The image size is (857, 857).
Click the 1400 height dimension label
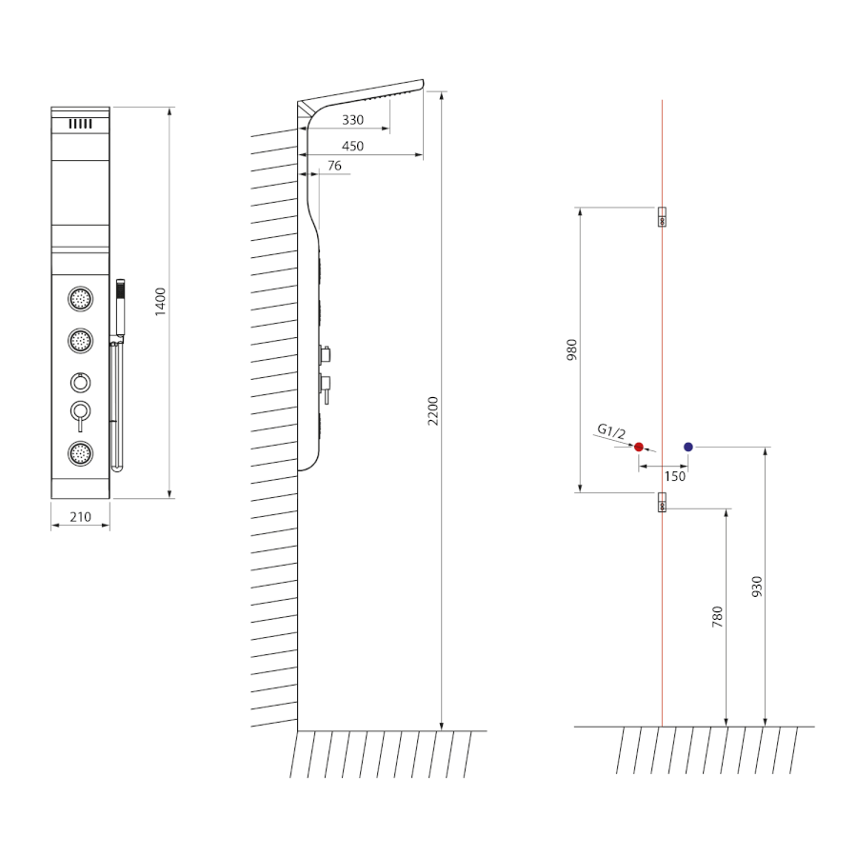[160, 302]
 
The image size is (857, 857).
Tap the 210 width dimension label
[80, 516]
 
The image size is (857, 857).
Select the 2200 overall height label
[433, 411]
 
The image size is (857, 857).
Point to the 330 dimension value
[352, 120]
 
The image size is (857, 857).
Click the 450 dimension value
[352, 146]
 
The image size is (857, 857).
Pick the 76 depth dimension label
[334, 166]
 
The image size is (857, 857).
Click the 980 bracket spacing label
[571, 349]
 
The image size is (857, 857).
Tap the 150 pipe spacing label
[674, 477]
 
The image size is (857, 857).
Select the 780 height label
[717, 616]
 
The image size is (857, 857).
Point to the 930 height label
[756, 587]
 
